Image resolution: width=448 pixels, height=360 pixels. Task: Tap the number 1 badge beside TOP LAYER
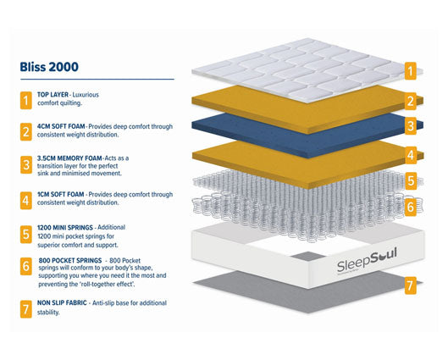click(25, 100)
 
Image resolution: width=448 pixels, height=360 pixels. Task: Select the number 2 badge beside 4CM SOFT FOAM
click(25, 130)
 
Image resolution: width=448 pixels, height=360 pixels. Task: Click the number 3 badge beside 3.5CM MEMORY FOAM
click(25, 165)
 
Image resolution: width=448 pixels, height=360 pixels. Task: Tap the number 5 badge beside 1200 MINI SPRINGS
click(25, 232)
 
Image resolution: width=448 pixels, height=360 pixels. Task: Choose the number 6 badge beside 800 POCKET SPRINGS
click(25, 267)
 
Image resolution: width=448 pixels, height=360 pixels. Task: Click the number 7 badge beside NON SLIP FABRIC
click(25, 307)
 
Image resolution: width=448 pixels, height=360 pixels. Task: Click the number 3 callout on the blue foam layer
click(411, 127)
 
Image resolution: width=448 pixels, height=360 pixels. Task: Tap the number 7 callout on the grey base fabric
click(411, 285)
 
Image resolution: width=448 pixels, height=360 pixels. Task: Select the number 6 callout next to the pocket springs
click(411, 206)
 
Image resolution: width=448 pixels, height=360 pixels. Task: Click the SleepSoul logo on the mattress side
click(346, 256)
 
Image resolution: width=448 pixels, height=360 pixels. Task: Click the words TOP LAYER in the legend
click(54, 96)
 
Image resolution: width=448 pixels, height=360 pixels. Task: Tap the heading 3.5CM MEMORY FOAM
click(69, 159)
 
